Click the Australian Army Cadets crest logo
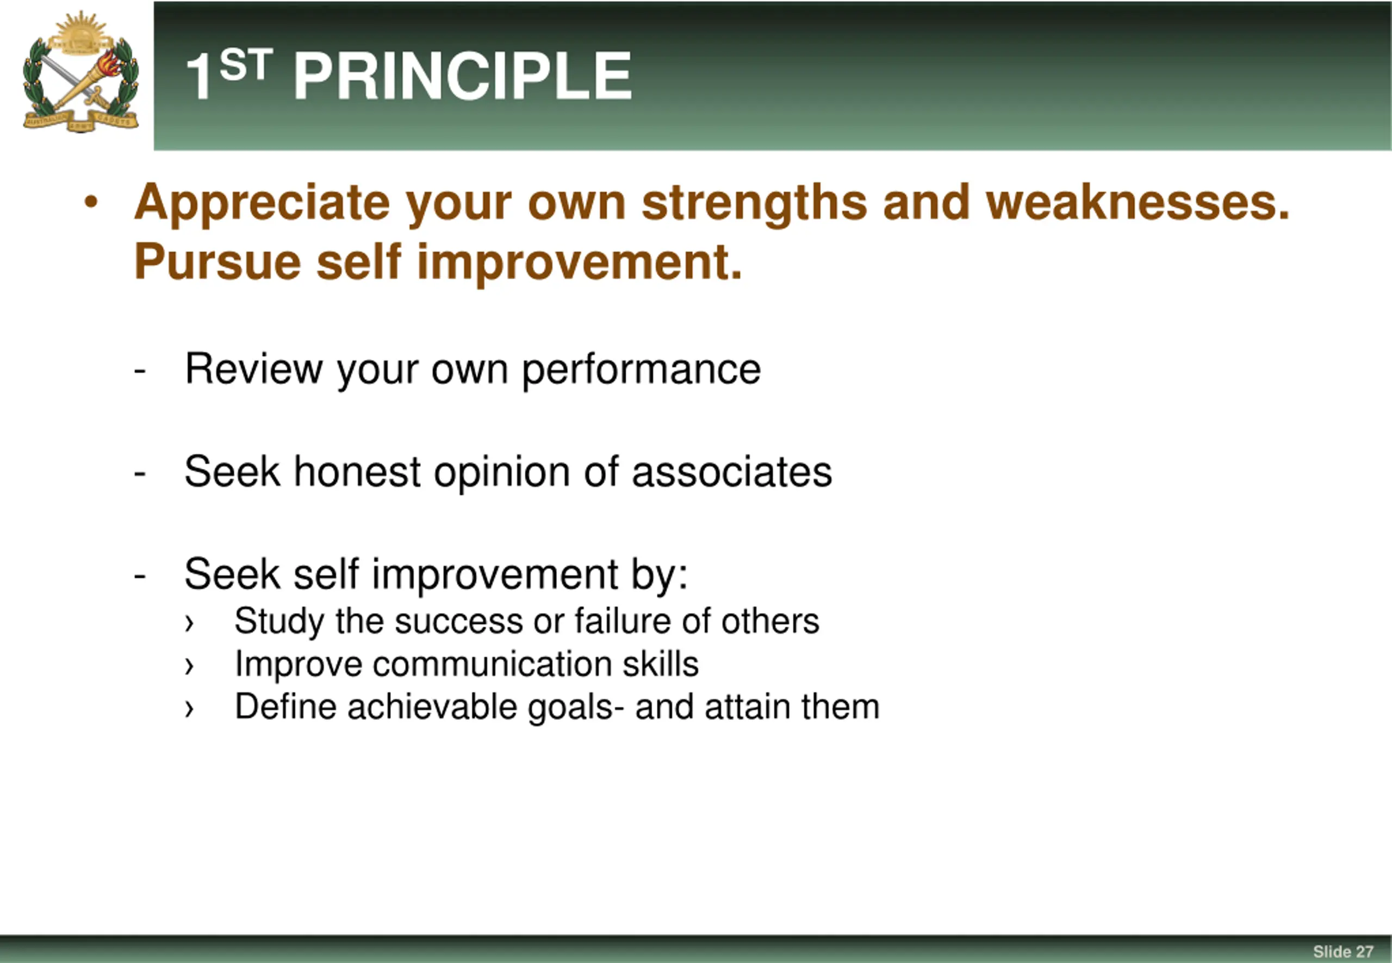(x=80, y=72)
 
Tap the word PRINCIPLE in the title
(x=462, y=76)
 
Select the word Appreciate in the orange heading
(x=262, y=203)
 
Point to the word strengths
(x=754, y=203)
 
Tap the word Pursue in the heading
(x=217, y=263)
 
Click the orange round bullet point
(x=91, y=202)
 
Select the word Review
(x=253, y=368)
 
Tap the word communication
(x=492, y=664)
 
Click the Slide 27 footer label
(x=1343, y=952)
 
